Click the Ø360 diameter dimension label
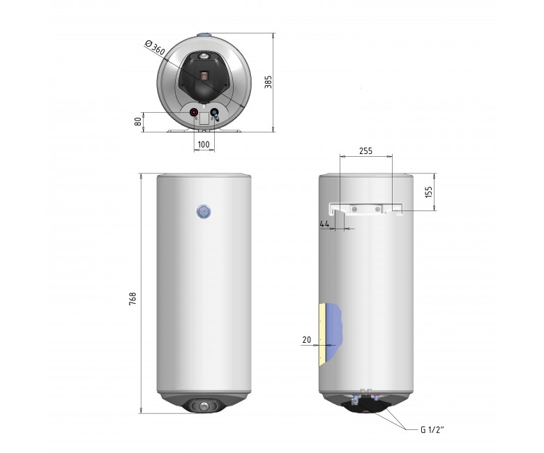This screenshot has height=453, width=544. click(x=154, y=47)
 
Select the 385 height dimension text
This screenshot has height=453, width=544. click(x=269, y=82)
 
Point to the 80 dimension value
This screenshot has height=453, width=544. click(x=137, y=121)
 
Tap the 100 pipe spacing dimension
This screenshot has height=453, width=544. click(x=204, y=144)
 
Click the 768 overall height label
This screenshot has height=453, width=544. click(x=133, y=299)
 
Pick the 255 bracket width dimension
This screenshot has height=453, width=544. click(x=365, y=151)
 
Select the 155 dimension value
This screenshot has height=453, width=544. click(x=428, y=192)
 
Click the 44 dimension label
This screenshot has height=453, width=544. click(x=324, y=224)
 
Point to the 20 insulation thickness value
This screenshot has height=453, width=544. click(x=307, y=340)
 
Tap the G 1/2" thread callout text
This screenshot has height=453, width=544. click(x=432, y=430)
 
